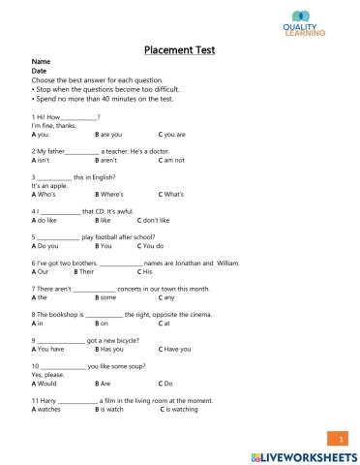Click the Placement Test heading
pos(179,49)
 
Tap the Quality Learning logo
pos(305,23)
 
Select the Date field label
pos(40,71)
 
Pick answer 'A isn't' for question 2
pos(43,160)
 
